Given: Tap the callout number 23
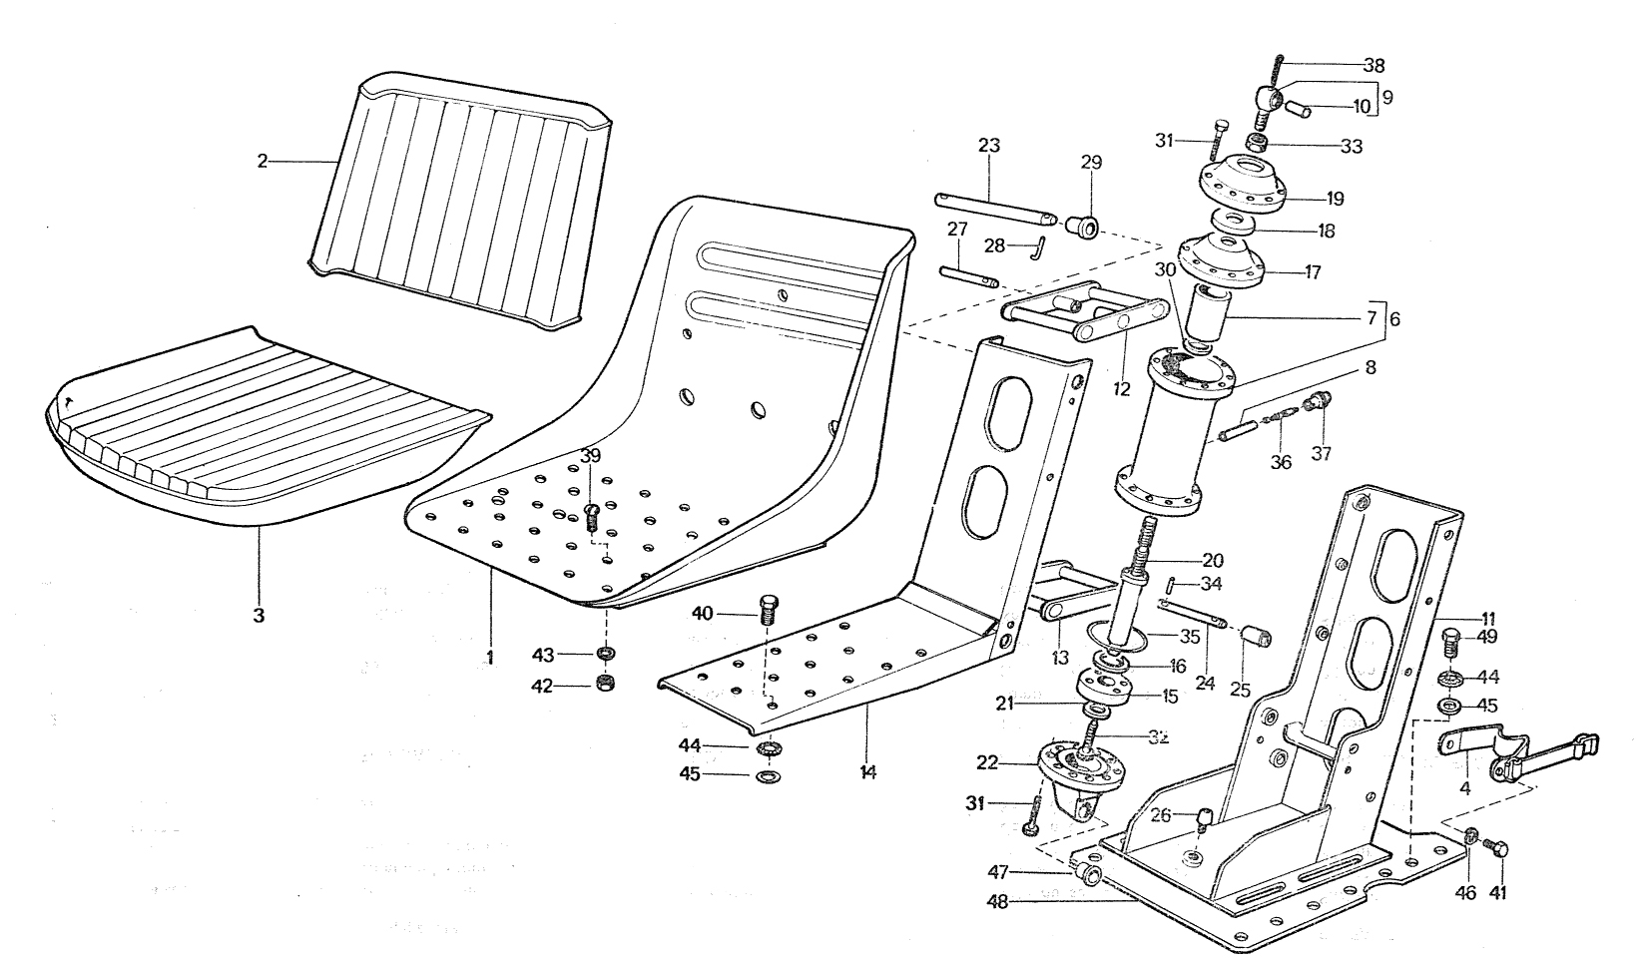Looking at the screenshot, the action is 988,145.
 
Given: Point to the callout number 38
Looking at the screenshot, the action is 1374,65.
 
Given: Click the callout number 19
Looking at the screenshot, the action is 1335,199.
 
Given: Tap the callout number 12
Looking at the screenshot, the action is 1121,389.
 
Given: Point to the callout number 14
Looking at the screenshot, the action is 867,772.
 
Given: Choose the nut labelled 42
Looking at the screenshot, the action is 605,684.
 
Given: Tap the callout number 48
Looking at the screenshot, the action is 997,902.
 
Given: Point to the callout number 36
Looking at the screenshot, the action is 1281,462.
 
